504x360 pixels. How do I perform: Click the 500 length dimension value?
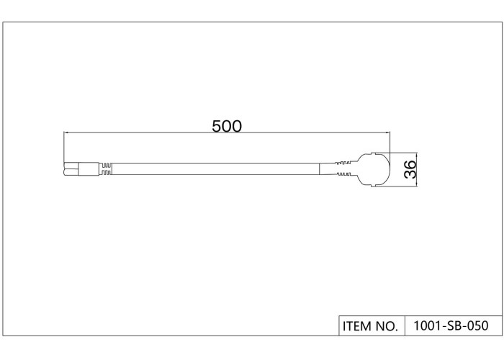pos(227,126)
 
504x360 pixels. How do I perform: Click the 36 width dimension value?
pos(410,169)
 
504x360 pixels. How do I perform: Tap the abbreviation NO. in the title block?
pos(387,326)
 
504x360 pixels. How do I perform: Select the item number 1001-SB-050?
pos(451,325)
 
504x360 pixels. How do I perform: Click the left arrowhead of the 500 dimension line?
pos(66,132)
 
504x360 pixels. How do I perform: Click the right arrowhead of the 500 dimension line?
pos(387,132)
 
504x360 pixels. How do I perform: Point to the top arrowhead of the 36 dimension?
pos(417,156)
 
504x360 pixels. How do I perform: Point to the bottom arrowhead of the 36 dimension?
pos(417,184)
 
